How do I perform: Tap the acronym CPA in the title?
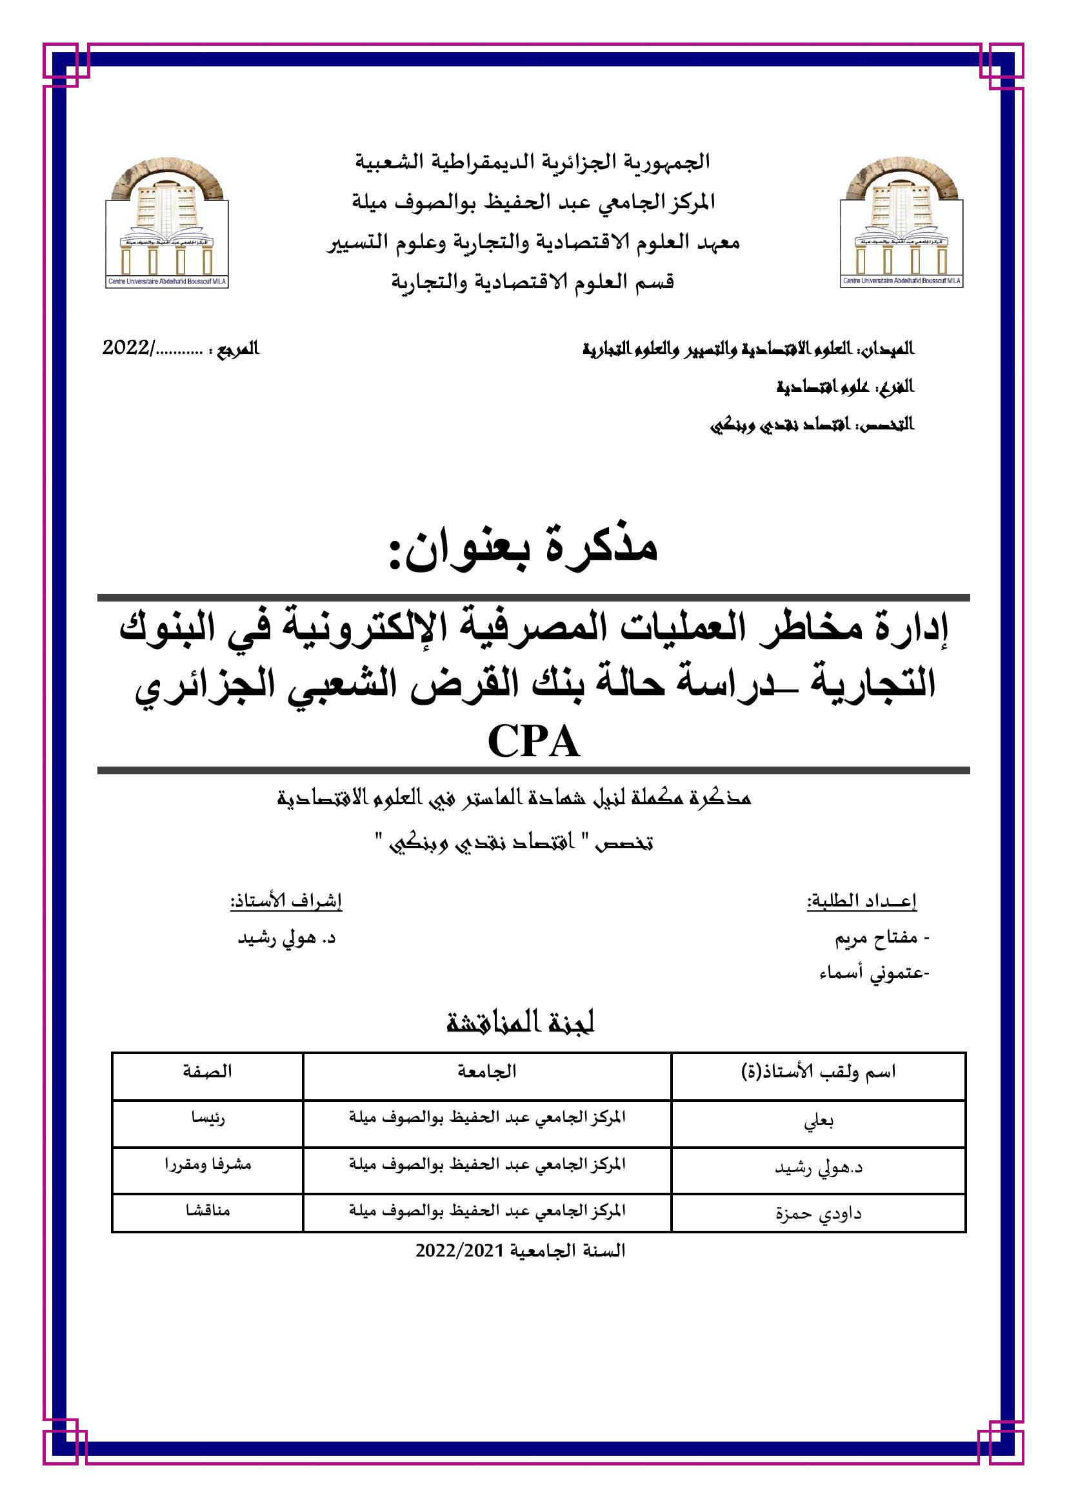(x=533, y=743)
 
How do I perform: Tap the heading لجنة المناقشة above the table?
(x=521, y=1023)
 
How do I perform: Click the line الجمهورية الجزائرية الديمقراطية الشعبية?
(x=533, y=161)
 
